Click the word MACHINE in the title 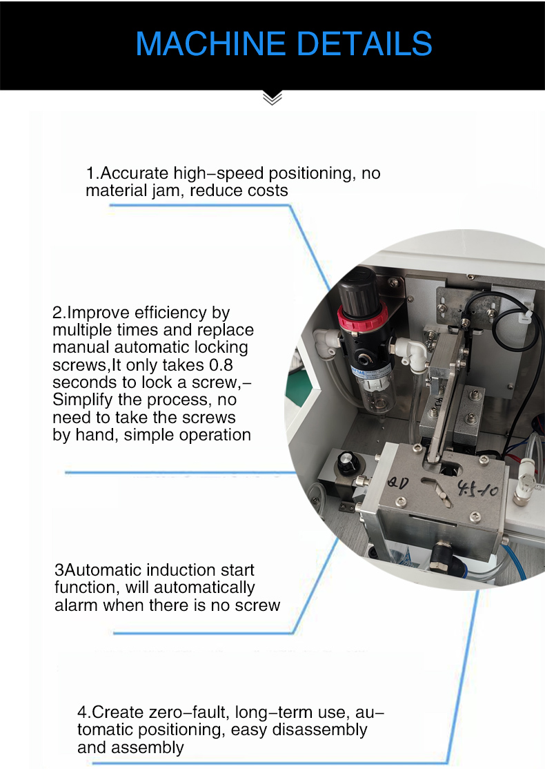[210, 43]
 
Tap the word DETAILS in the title [364, 43]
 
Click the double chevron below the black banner [272, 97]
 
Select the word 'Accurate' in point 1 [135, 173]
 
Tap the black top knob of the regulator [359, 289]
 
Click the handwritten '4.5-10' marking [478, 488]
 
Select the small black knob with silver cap [347, 462]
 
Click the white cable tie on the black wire [525, 316]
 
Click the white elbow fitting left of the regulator [326, 340]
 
